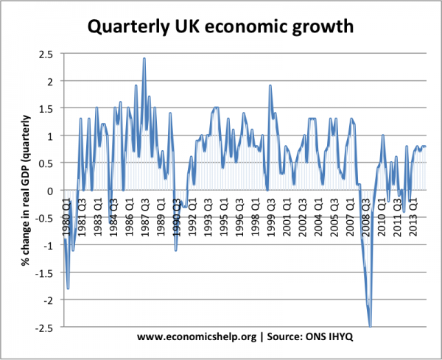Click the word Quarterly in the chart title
[x=129, y=28]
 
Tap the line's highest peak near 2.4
[x=144, y=59]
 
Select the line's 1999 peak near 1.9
[x=270, y=85]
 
